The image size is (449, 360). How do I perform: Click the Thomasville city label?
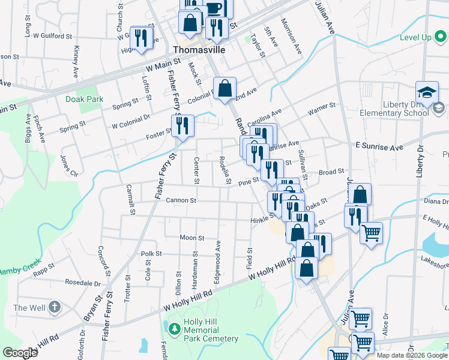[199, 50]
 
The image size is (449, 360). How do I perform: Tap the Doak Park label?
[85, 99]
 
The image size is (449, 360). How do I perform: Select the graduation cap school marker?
[427, 92]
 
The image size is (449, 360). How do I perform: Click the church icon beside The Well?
[55, 307]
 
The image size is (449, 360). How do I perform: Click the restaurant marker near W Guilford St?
[142, 38]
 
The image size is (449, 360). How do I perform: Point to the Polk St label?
[151, 254]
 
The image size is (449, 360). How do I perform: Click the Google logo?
[20, 353]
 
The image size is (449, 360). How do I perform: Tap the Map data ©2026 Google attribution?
[411, 355]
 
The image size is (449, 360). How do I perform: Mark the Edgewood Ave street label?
[218, 254]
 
